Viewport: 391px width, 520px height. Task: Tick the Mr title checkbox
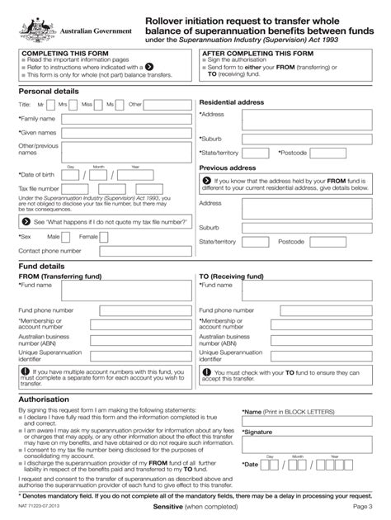(x=50, y=105)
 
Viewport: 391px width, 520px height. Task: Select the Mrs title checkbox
(x=75, y=105)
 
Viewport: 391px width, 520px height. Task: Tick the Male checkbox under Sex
(x=68, y=237)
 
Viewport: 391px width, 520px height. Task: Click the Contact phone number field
(x=132, y=250)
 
